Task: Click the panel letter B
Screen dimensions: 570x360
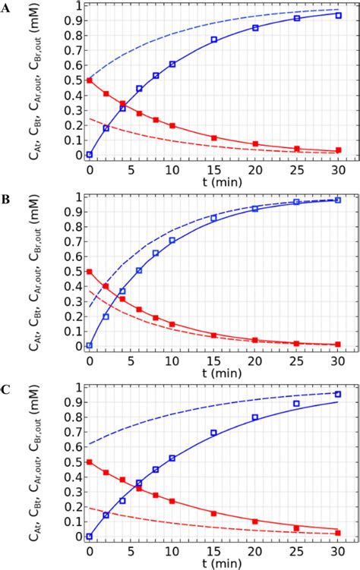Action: tap(8, 199)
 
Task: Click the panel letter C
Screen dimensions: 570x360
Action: tap(8, 389)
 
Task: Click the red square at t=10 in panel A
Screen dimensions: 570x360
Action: tap(172, 125)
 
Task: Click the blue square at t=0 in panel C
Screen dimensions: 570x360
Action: tap(90, 536)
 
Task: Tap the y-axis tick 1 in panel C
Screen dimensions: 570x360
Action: tap(77, 387)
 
